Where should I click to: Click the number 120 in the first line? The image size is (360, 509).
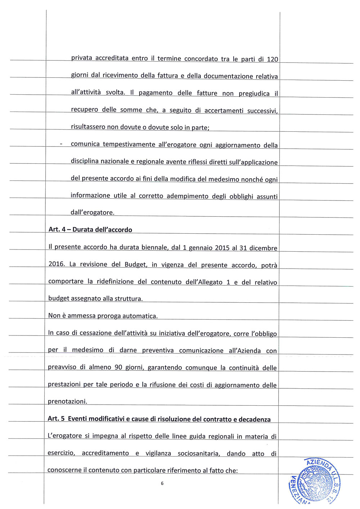pyautogui.click(x=272, y=59)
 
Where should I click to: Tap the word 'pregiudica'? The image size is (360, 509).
pyautogui.click(x=254, y=94)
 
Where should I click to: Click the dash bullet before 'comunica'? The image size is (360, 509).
pyautogui.click(x=61, y=144)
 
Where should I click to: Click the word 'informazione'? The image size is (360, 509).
pyautogui.click(x=90, y=195)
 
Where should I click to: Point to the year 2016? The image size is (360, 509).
pyautogui.click(x=56, y=264)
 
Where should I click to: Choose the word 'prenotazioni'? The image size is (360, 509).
pyautogui.click(x=67, y=401)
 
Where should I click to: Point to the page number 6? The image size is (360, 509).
pyautogui.click(x=162, y=483)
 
